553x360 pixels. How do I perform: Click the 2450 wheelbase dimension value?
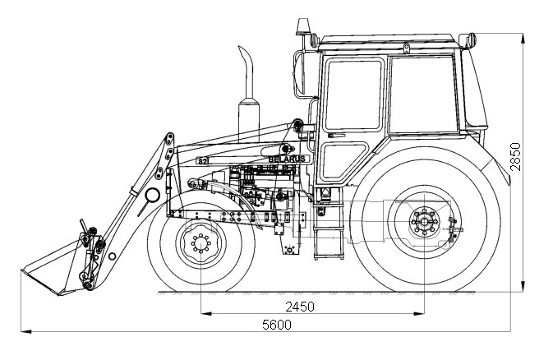[300, 306]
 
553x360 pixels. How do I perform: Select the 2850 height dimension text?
[515, 155]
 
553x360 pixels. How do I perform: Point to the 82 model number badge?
[204, 161]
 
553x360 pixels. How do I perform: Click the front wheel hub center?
[200, 245]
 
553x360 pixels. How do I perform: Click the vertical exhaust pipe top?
[245, 56]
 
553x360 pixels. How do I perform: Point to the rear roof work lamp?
[468, 39]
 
